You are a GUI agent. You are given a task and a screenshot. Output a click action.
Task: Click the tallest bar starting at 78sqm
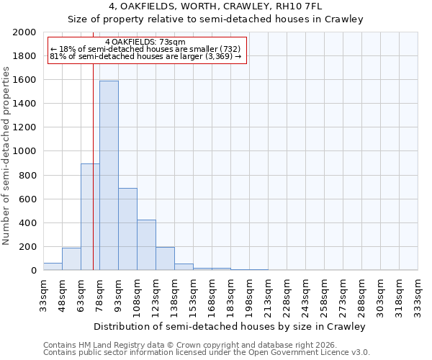[x=109, y=176]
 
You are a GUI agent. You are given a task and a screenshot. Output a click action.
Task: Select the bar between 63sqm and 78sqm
[x=90, y=217]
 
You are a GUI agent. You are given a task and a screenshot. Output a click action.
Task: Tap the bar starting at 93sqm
[x=127, y=229]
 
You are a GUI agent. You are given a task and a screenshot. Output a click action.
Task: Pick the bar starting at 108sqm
[x=146, y=245]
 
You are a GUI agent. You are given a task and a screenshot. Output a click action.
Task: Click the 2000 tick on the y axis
[x=25, y=32]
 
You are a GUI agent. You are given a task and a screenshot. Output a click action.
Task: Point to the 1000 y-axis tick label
[x=25, y=152]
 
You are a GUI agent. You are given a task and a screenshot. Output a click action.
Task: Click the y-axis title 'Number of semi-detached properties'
[x=6, y=156]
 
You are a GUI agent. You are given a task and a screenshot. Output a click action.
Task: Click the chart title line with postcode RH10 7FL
[x=215, y=6]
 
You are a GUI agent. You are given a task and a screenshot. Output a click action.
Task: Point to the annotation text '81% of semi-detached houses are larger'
[x=147, y=57]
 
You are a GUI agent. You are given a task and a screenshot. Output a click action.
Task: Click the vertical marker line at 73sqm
[x=93, y=180]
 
